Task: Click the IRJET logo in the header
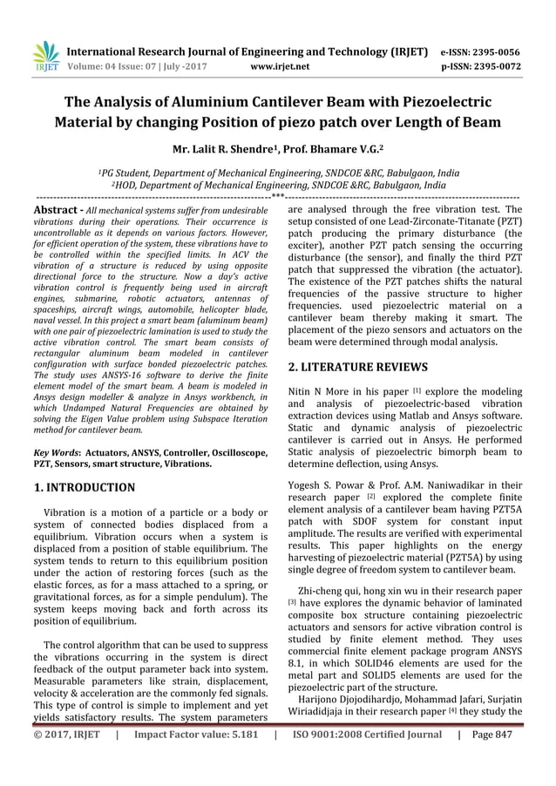click(x=46, y=56)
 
